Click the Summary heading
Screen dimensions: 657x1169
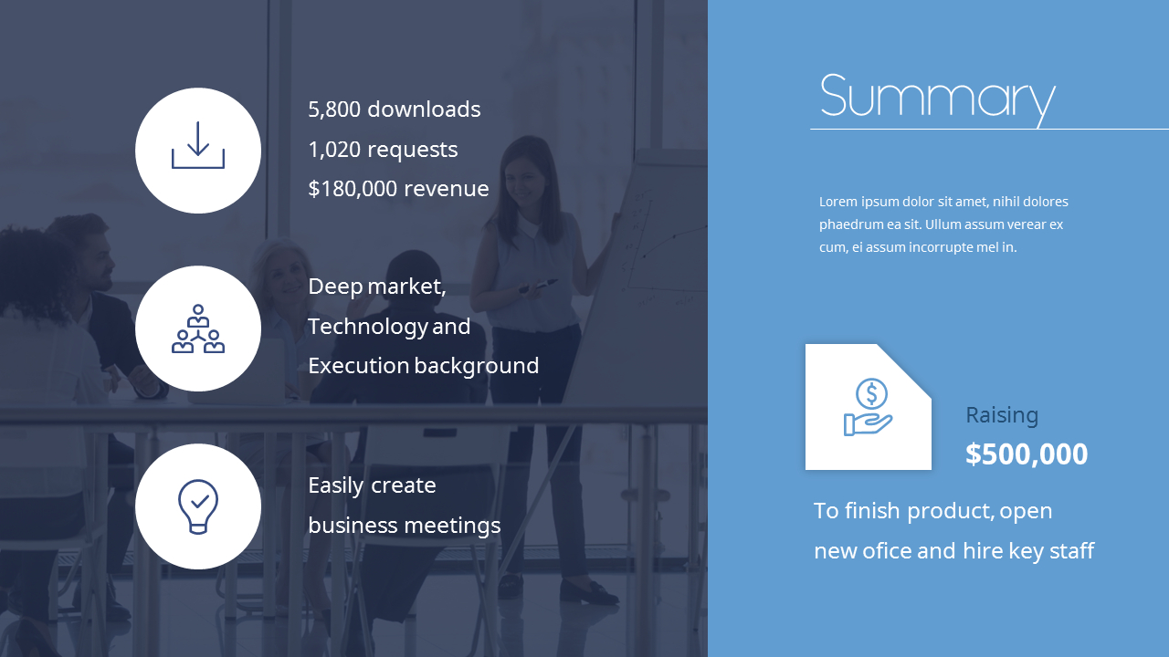click(937, 97)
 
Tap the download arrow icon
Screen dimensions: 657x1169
click(198, 146)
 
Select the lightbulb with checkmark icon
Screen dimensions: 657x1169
click(198, 506)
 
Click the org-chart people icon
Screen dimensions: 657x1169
click(198, 329)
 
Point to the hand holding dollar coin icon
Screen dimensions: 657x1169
click(869, 407)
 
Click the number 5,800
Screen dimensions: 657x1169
click(334, 109)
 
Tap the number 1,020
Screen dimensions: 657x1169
click(334, 150)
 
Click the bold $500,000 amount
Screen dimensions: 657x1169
click(1027, 454)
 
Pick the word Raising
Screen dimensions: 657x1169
click(1002, 415)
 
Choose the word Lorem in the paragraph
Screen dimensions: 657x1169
click(837, 202)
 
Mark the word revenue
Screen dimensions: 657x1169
click(447, 189)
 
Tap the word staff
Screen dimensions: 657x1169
click(1072, 551)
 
